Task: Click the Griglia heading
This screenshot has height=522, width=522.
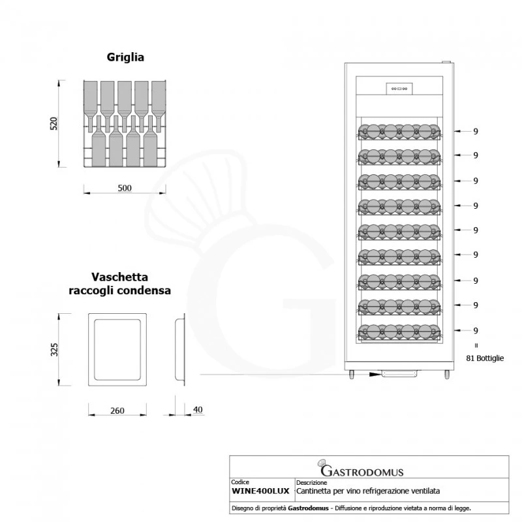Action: pyautogui.click(x=125, y=57)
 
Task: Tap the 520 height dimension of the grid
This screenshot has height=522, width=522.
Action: pyautogui.click(x=54, y=123)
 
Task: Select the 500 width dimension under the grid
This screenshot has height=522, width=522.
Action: pyautogui.click(x=125, y=188)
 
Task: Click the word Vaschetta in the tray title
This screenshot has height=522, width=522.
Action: pyautogui.click(x=120, y=277)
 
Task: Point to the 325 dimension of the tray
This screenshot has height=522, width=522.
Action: pyautogui.click(x=54, y=350)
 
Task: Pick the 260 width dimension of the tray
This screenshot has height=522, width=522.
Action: pyautogui.click(x=117, y=410)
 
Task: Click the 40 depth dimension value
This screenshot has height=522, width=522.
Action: pyautogui.click(x=198, y=410)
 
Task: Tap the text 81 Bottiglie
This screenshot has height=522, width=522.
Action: pyautogui.click(x=485, y=358)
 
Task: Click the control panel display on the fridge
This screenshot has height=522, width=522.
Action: pyautogui.click(x=399, y=89)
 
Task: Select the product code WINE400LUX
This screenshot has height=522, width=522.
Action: pyautogui.click(x=260, y=491)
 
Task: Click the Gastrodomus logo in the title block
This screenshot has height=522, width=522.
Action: pyautogui.click(x=361, y=468)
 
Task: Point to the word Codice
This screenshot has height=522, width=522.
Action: pyautogui.click(x=240, y=482)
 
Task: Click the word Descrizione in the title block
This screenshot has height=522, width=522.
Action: pyautogui.click(x=312, y=482)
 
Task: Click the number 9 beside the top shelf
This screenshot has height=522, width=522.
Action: pyautogui.click(x=476, y=132)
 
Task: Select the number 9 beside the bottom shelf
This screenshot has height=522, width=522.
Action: pyautogui.click(x=476, y=331)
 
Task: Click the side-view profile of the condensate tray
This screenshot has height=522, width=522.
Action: pyautogui.click(x=180, y=350)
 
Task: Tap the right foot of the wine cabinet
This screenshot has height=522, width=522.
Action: pyautogui.click(x=447, y=375)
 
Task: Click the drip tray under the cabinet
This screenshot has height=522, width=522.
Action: pyautogui.click(x=399, y=373)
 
